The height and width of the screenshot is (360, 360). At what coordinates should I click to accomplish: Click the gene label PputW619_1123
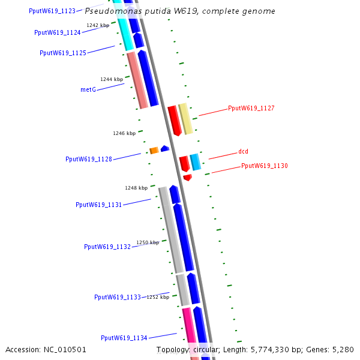[x=52, y=11]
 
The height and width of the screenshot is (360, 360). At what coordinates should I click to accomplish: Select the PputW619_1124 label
[x=58, y=32]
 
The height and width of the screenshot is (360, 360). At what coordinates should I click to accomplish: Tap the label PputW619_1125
[x=63, y=53]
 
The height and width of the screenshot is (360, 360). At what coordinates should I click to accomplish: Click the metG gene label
[x=88, y=89]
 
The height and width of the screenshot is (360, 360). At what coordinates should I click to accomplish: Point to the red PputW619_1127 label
[x=251, y=109]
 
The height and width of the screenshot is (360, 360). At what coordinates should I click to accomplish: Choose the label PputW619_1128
[x=89, y=159]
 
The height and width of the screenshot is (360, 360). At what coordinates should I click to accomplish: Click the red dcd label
[x=243, y=151]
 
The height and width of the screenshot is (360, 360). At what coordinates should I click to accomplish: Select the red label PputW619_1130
[x=265, y=166]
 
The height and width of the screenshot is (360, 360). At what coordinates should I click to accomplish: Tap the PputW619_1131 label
[x=99, y=205]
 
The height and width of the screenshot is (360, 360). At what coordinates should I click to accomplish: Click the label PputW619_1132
[x=107, y=247]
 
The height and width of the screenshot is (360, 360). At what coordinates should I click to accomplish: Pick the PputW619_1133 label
[x=118, y=297]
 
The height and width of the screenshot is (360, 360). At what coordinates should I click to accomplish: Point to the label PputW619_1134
[x=124, y=338]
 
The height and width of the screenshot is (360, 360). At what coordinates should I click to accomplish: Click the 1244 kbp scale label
[x=112, y=79]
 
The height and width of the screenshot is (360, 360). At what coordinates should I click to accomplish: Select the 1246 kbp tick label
[x=124, y=133]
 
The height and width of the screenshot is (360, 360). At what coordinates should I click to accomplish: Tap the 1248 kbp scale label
[x=136, y=188]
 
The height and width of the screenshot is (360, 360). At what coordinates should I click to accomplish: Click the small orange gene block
[x=154, y=150]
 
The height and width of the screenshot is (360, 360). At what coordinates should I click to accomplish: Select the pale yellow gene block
[x=186, y=119]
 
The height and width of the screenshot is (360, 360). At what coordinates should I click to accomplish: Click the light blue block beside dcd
[x=196, y=162]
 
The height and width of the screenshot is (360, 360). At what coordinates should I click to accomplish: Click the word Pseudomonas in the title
[x=110, y=11]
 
